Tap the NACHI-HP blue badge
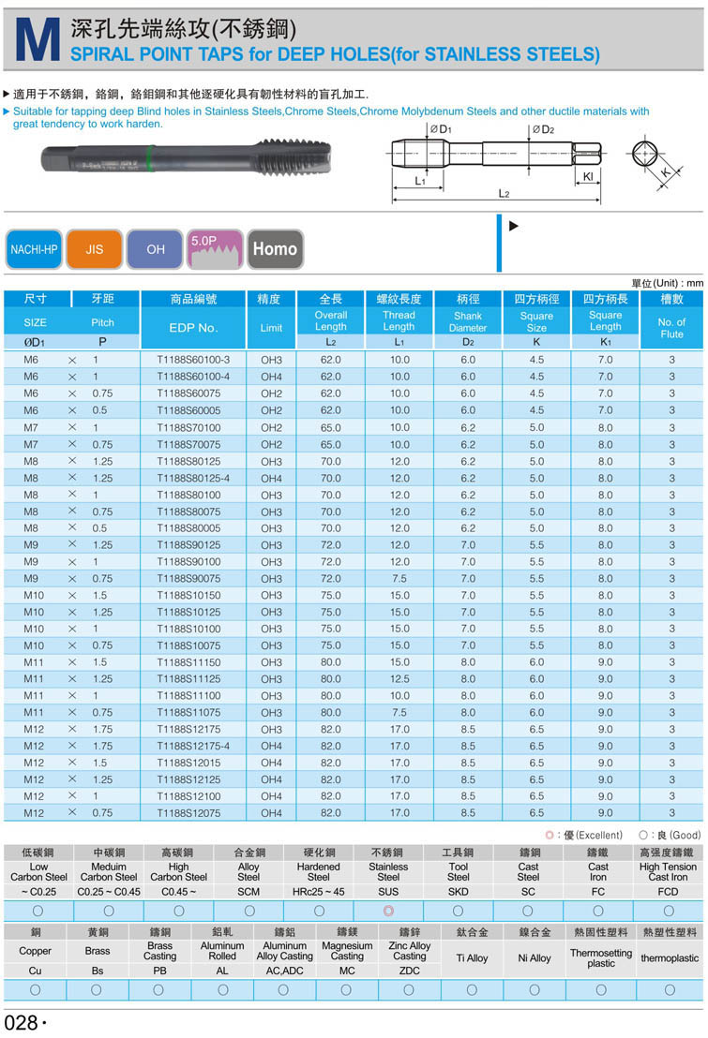point(34,249)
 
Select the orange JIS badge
point(95,249)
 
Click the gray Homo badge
point(275,249)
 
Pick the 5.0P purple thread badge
point(216,248)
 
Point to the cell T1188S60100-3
point(193,360)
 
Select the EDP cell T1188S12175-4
point(193,747)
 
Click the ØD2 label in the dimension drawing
point(543,129)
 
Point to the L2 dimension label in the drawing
point(503,194)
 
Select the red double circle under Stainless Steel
point(388,911)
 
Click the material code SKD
point(458,892)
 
